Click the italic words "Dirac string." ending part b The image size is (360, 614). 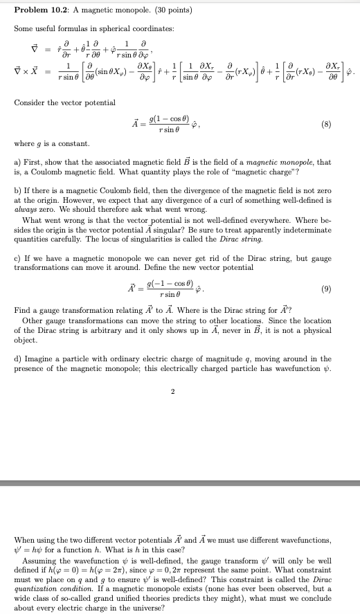[x=244, y=238]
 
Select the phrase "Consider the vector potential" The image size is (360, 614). [x=64, y=102]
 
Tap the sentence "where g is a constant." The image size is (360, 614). [x=52, y=143]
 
